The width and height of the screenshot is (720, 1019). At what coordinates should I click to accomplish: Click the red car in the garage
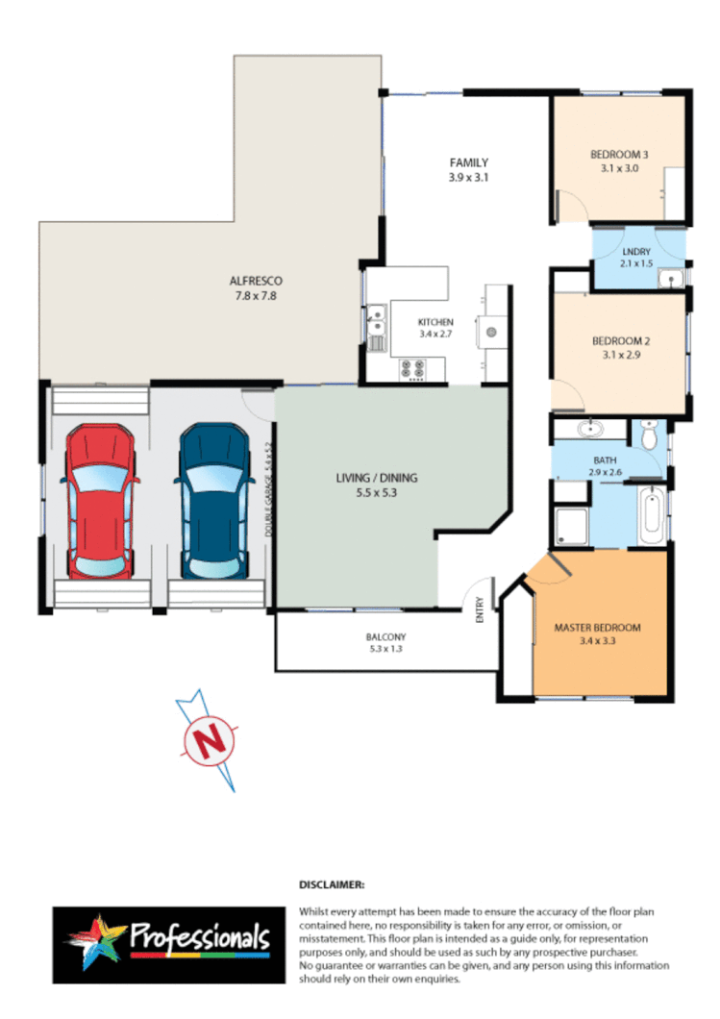coord(97,503)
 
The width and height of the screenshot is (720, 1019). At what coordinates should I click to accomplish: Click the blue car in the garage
coord(211,503)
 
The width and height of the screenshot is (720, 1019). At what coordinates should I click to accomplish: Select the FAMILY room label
coord(469,162)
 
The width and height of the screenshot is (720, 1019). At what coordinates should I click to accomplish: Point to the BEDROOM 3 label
coord(619,154)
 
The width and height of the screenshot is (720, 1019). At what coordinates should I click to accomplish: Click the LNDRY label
coord(636,253)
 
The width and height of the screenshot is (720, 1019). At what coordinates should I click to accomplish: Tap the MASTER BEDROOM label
coord(597,628)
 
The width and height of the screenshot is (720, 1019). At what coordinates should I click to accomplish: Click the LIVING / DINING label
coord(376,478)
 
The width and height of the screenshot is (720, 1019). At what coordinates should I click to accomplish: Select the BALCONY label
coord(385,636)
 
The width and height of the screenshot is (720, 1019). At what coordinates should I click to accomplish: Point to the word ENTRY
coord(481,612)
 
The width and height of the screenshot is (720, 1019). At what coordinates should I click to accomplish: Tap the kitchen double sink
coord(376,325)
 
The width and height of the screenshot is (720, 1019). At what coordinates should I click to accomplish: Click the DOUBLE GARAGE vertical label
coord(269,488)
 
